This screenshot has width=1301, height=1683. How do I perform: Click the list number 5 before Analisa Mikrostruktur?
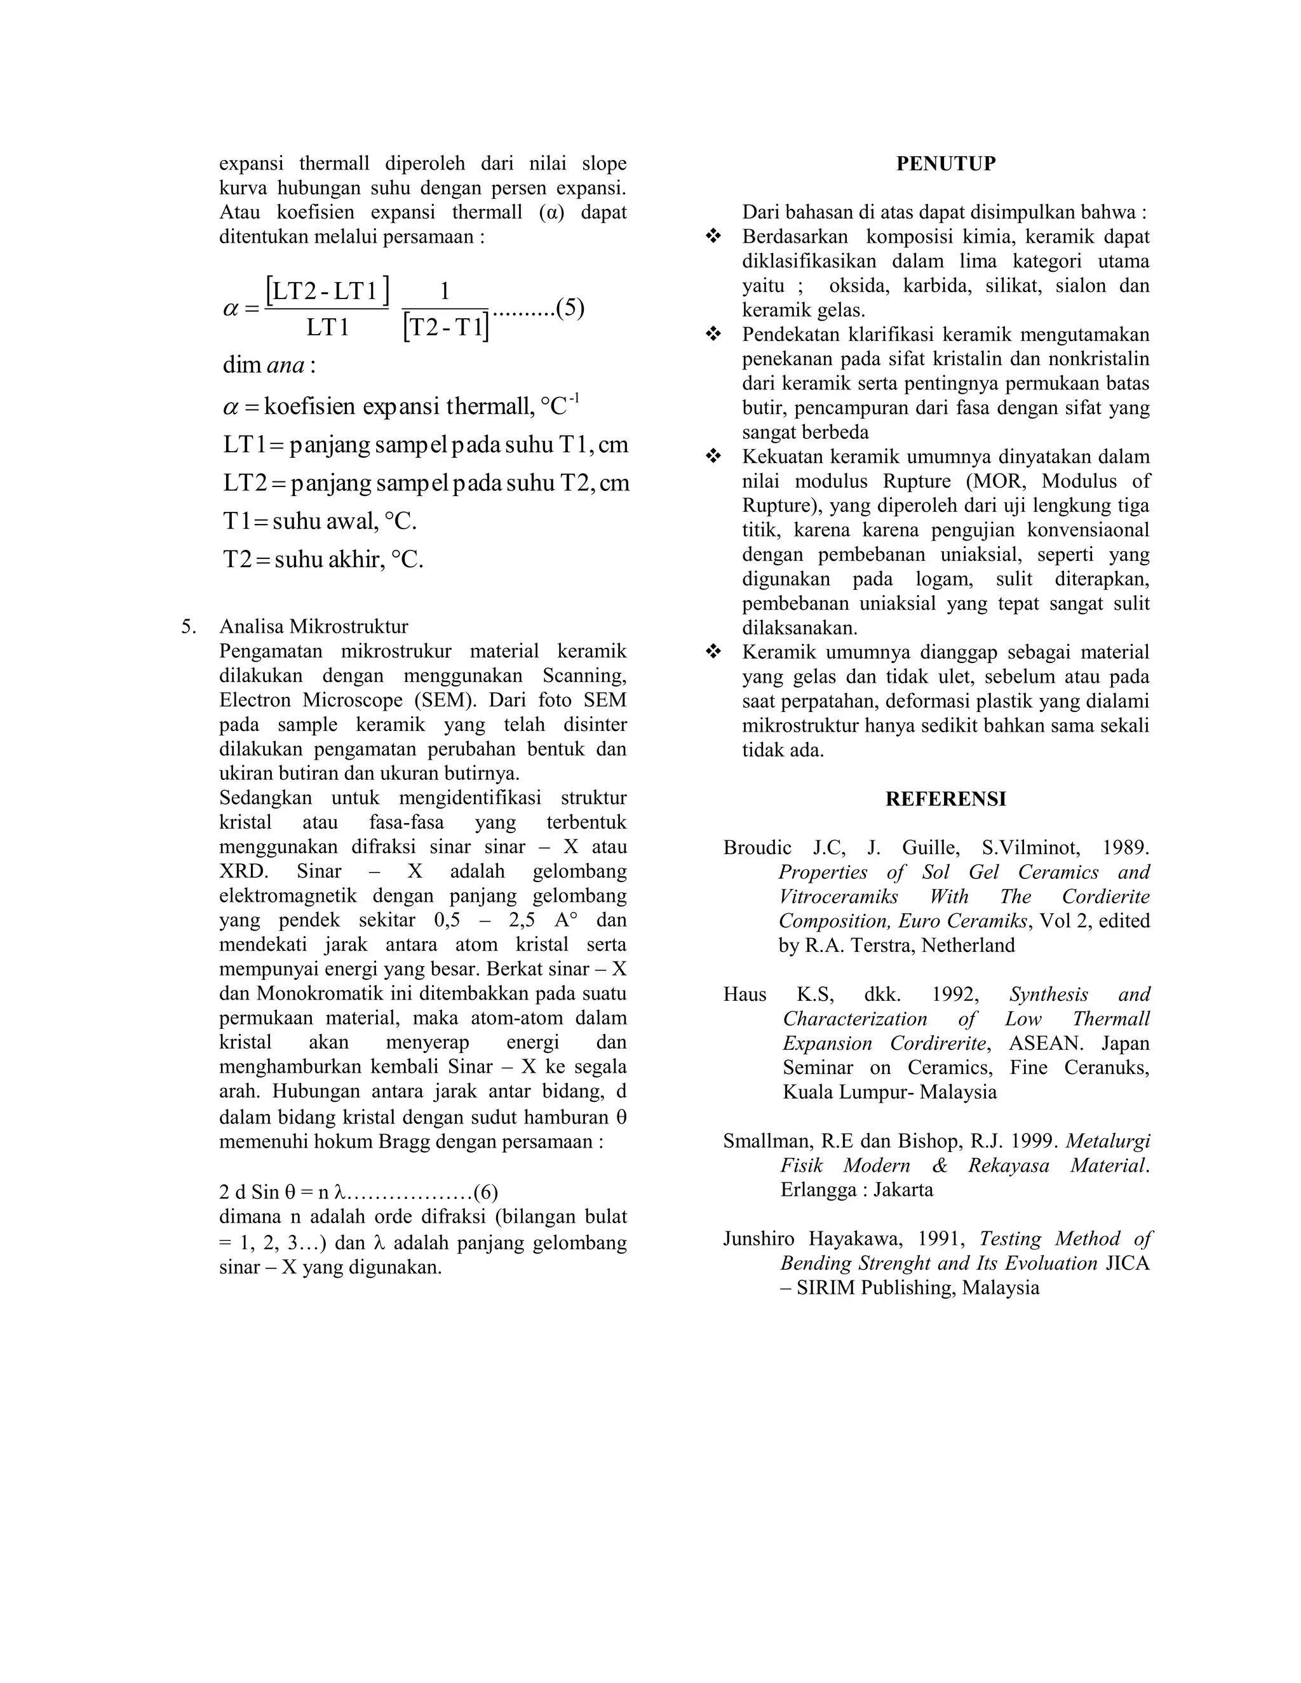pyautogui.click(x=187, y=626)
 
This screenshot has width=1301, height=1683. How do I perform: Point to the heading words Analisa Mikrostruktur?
pyautogui.click(x=314, y=626)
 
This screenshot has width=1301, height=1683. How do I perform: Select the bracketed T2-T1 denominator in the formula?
pyautogui.click(x=445, y=328)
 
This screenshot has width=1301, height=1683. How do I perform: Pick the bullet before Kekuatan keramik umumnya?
pyautogui.click(x=713, y=456)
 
